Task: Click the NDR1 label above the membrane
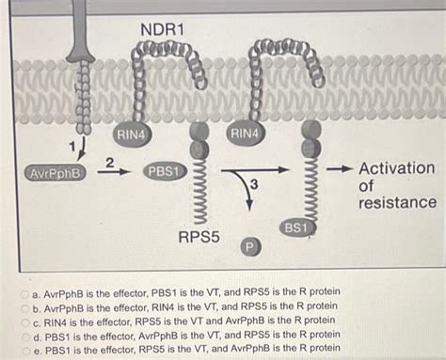pyautogui.click(x=163, y=30)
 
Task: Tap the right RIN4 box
pyautogui.click(x=245, y=134)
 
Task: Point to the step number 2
pyautogui.click(x=110, y=163)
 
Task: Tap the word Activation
pyautogui.click(x=397, y=168)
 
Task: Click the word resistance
pyautogui.click(x=398, y=202)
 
